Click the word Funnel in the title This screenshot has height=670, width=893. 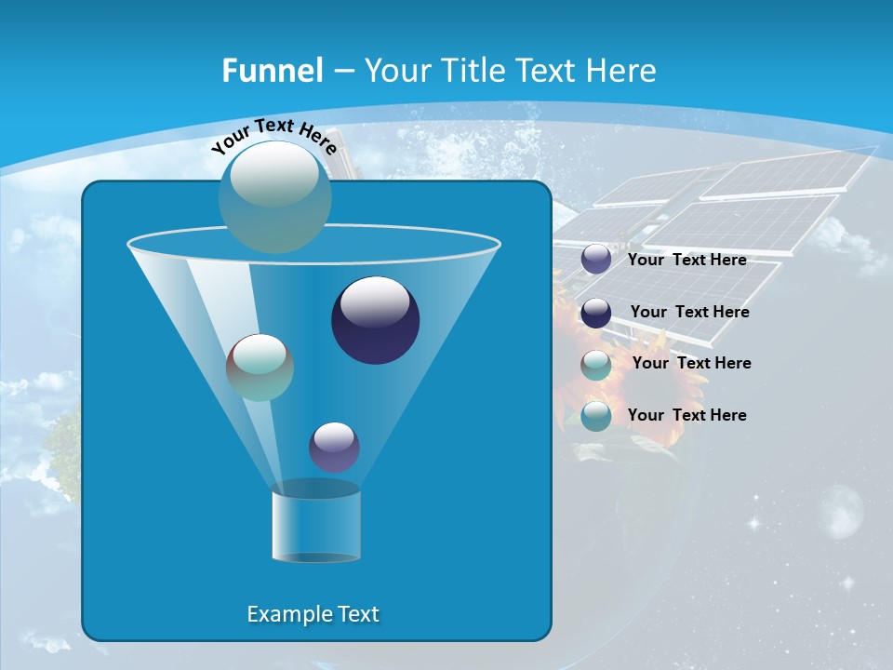pyautogui.click(x=272, y=71)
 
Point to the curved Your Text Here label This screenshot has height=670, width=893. pyautogui.click(x=273, y=135)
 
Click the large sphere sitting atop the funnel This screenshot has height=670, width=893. pyautogui.click(x=274, y=197)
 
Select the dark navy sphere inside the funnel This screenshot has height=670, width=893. pyautogui.click(x=376, y=321)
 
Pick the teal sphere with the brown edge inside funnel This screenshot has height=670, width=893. pyautogui.click(x=260, y=368)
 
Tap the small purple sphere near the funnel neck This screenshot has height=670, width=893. pyautogui.click(x=334, y=447)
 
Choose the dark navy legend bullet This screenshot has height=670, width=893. pyautogui.click(x=596, y=313)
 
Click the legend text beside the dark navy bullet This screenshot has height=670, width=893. pyautogui.click(x=689, y=313)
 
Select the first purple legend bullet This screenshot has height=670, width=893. pyautogui.click(x=596, y=260)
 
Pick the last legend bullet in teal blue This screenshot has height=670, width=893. pyautogui.click(x=596, y=416)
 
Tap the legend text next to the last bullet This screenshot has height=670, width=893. pyautogui.click(x=686, y=415)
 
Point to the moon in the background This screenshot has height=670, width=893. pyautogui.click(x=843, y=510)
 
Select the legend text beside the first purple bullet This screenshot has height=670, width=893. pyautogui.click(x=686, y=261)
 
